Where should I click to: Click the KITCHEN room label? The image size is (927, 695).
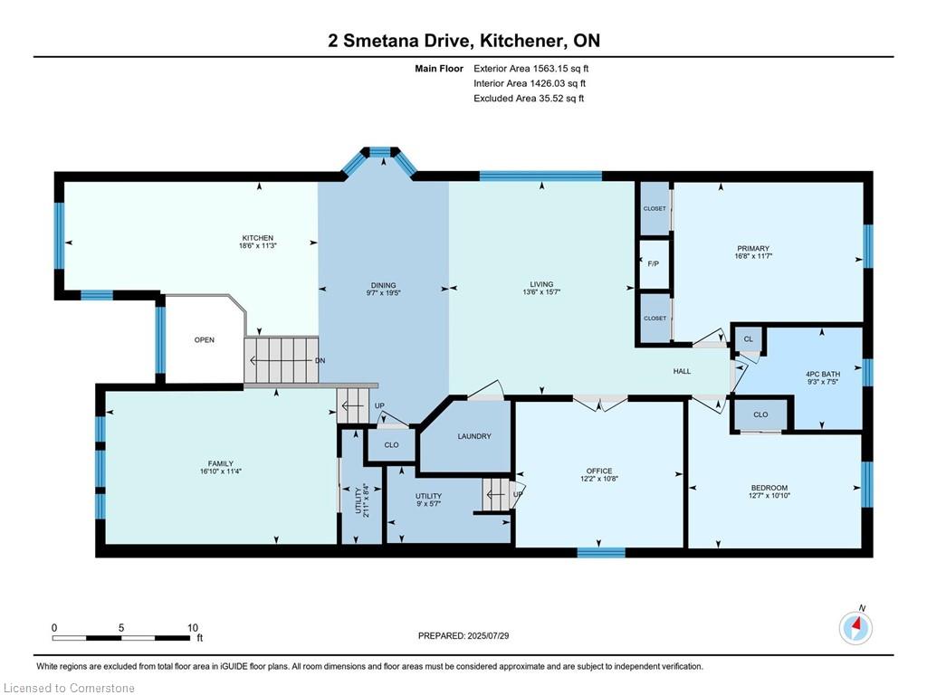(x=257, y=238)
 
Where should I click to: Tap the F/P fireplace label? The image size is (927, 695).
(x=653, y=264)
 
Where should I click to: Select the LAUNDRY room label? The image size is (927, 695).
(x=473, y=436)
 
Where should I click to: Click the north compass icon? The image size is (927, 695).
(x=855, y=626)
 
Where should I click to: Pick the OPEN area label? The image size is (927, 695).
(x=204, y=340)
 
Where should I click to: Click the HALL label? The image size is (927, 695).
(x=682, y=371)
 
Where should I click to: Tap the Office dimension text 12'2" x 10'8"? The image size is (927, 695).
(x=598, y=481)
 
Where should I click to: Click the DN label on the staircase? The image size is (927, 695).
(x=320, y=360)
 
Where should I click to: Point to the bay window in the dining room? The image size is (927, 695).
(x=378, y=158)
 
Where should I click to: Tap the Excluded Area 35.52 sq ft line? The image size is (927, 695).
(x=529, y=99)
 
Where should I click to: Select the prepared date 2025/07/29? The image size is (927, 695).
(x=463, y=636)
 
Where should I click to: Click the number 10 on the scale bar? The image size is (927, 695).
(x=192, y=627)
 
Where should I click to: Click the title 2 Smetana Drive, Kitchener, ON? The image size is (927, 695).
(x=463, y=41)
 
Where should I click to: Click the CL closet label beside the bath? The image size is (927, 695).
(x=748, y=339)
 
